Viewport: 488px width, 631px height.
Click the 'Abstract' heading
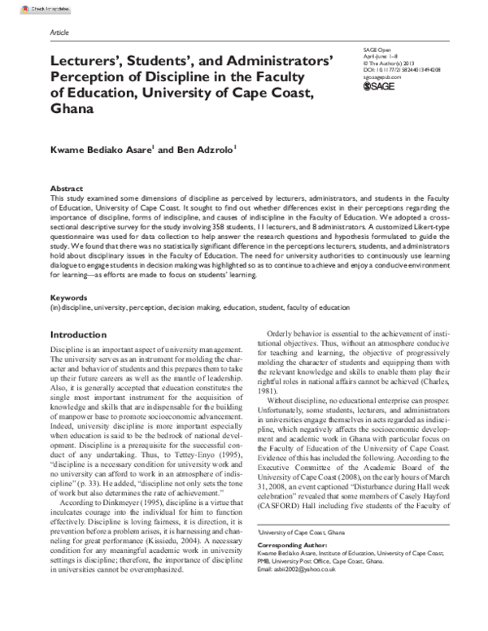67,187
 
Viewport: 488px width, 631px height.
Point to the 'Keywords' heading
69,298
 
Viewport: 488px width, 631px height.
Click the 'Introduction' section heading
84,335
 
